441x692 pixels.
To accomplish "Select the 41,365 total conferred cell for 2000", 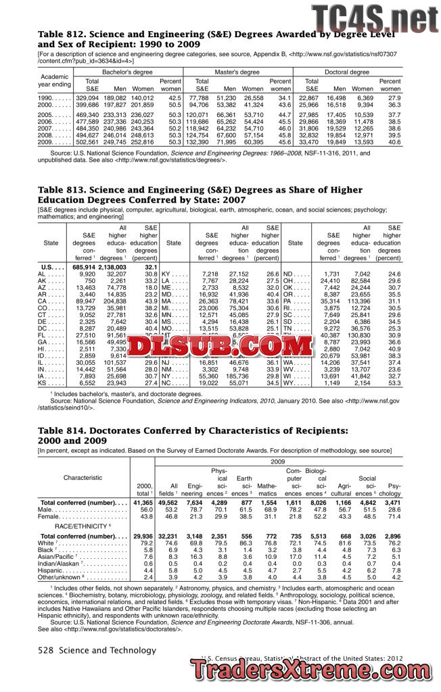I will (143, 503).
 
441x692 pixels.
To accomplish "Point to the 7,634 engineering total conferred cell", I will (193, 503).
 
